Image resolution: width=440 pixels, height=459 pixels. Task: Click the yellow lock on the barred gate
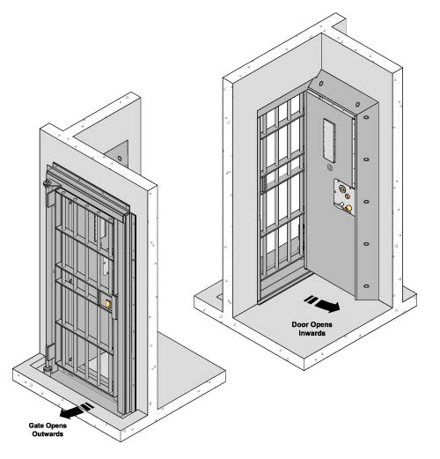click(108, 304)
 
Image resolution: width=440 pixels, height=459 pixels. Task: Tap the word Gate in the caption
click(36, 426)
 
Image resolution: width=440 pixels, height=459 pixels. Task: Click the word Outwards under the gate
click(48, 434)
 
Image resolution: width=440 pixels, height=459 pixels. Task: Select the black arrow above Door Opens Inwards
click(322, 304)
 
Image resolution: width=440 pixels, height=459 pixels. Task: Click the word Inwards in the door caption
click(312, 333)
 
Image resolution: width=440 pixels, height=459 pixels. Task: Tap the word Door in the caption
click(299, 324)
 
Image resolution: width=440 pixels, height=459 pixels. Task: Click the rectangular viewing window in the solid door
click(329, 140)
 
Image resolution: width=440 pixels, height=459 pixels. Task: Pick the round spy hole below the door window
click(330, 167)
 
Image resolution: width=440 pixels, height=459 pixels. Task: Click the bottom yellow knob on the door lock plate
click(348, 208)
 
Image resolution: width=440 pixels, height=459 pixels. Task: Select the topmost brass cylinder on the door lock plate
click(341, 188)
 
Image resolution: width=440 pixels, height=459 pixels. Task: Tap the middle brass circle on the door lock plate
click(348, 196)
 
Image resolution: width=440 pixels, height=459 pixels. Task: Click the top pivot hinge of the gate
click(48, 185)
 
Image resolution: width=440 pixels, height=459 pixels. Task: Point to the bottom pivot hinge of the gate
click(48, 367)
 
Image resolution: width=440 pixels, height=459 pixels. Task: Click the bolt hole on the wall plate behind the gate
click(120, 159)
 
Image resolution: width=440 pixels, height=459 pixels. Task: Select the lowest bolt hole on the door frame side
click(366, 285)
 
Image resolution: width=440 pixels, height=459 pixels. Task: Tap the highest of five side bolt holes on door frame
click(366, 117)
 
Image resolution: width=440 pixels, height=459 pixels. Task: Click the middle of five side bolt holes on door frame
click(366, 202)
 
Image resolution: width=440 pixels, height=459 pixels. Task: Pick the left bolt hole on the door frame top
click(321, 84)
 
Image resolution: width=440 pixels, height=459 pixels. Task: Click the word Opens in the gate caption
click(55, 426)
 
